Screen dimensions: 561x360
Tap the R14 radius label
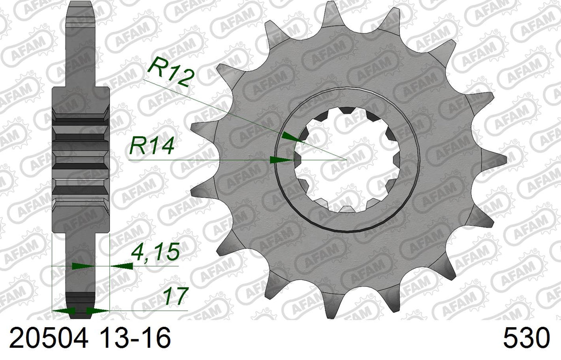coord(151,146)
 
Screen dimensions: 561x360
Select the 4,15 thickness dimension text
coord(156,251)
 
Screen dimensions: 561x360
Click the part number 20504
coord(49,338)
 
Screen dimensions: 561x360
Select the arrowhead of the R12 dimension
coord(291,137)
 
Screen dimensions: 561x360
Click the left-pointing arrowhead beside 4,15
coord(122,266)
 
